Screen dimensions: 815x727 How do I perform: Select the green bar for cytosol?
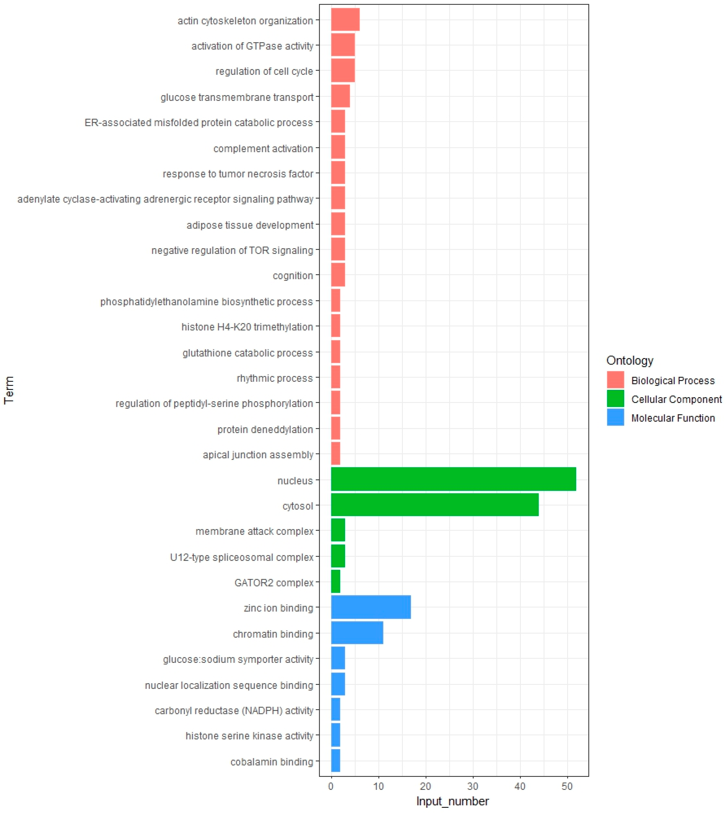(435, 505)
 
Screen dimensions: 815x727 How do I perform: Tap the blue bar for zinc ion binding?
(371, 607)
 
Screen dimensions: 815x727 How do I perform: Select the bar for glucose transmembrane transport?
(340, 96)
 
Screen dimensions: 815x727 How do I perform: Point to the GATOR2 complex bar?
(336, 582)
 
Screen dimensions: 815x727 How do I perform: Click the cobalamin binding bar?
(336, 761)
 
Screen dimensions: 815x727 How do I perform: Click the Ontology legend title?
(629, 360)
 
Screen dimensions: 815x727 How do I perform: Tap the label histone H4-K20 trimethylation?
(247, 327)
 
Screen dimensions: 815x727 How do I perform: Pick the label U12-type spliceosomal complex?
(242, 557)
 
